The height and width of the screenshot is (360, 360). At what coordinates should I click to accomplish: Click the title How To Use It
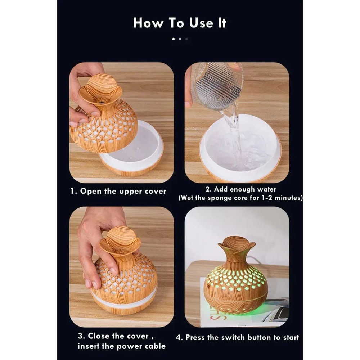pyautogui.click(x=180, y=23)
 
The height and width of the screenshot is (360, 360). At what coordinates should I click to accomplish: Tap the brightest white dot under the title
pyautogui.click(x=173, y=39)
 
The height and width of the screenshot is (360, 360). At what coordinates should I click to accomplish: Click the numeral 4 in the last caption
pyautogui.click(x=179, y=338)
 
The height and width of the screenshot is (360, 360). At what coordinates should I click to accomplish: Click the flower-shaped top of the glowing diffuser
pyautogui.click(x=237, y=246)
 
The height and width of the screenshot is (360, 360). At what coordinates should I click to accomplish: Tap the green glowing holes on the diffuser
pyautogui.click(x=236, y=279)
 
